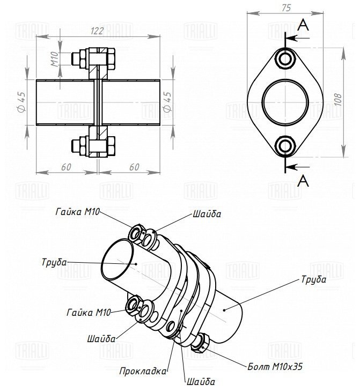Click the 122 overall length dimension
pos(97,31)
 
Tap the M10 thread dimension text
pos(54,58)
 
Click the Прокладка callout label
pos(143,371)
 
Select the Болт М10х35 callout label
pos(275,368)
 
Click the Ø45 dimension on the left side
pos(22,101)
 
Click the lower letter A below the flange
pos(304,181)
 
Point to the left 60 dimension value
pos(66,167)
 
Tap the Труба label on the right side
pos(313,279)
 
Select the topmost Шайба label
pos(207,214)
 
